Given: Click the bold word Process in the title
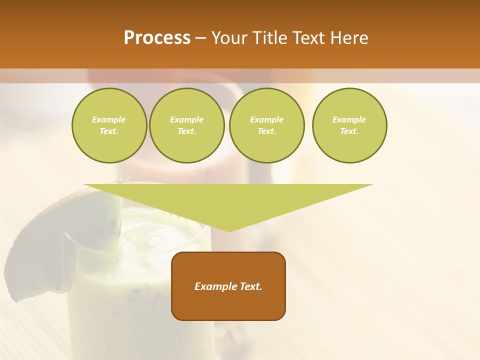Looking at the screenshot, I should tap(157, 38).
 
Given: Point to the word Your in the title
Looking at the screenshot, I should tap(228, 38).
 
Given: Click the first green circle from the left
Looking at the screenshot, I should tap(109, 125).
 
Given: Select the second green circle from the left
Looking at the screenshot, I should tap(187, 125).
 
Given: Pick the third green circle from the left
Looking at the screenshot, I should tap(267, 125).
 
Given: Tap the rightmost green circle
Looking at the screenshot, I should tap(349, 125).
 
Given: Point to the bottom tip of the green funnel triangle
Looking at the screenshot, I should tap(229, 231).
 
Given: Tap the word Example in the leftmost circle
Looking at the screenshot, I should tap(109, 119).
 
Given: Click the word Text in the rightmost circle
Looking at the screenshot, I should tap(349, 131).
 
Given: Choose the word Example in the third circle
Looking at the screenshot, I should tap(267, 119).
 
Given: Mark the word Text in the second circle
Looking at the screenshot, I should tap(187, 131).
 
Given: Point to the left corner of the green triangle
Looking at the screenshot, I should tap(85, 185).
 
